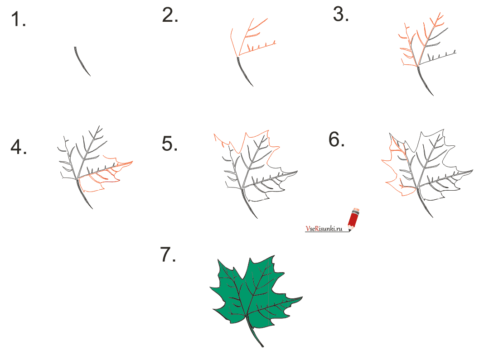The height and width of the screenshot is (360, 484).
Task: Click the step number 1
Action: [18, 19]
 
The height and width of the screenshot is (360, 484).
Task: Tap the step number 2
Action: [170, 15]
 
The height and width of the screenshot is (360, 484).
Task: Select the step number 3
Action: [341, 14]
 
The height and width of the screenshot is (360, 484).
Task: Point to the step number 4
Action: [19, 147]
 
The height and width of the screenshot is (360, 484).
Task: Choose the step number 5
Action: [170, 144]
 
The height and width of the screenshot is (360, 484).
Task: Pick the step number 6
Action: [336, 139]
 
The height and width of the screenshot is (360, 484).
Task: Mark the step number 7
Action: [168, 254]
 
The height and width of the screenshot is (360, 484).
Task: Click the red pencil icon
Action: [354, 219]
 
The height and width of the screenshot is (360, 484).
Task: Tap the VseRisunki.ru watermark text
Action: [324, 229]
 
